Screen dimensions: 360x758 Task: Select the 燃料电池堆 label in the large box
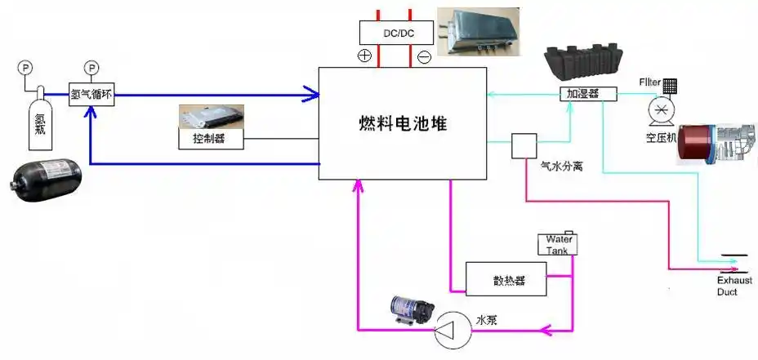403,123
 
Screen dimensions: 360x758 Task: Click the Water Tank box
560,244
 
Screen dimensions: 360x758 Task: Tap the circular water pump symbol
448,328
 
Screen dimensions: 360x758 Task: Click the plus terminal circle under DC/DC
363,56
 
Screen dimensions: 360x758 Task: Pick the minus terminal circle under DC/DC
425,56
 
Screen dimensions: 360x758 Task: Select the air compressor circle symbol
658,109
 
